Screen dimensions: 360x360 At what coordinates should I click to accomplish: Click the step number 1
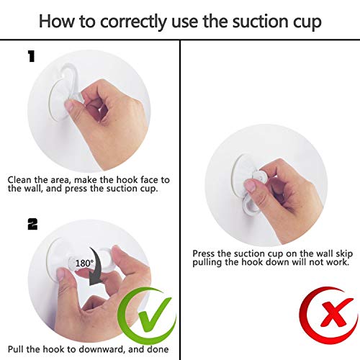(x=32, y=57)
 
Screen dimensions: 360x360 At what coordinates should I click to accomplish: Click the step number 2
(x=32, y=225)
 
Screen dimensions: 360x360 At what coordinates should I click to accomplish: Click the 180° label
(x=84, y=263)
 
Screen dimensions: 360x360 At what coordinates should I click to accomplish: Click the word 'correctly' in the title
(x=133, y=22)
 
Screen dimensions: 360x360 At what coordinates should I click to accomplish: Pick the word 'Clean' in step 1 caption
(x=19, y=179)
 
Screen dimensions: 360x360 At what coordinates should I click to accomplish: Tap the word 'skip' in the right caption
(x=343, y=254)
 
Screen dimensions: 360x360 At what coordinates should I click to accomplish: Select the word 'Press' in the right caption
(x=204, y=253)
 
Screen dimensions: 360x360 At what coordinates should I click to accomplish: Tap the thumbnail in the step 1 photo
(x=70, y=106)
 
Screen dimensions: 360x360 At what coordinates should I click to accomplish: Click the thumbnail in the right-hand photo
(x=251, y=186)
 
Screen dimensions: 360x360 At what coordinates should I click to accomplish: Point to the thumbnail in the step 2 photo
(x=60, y=274)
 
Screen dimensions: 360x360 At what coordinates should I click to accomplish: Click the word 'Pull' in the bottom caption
(x=16, y=349)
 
